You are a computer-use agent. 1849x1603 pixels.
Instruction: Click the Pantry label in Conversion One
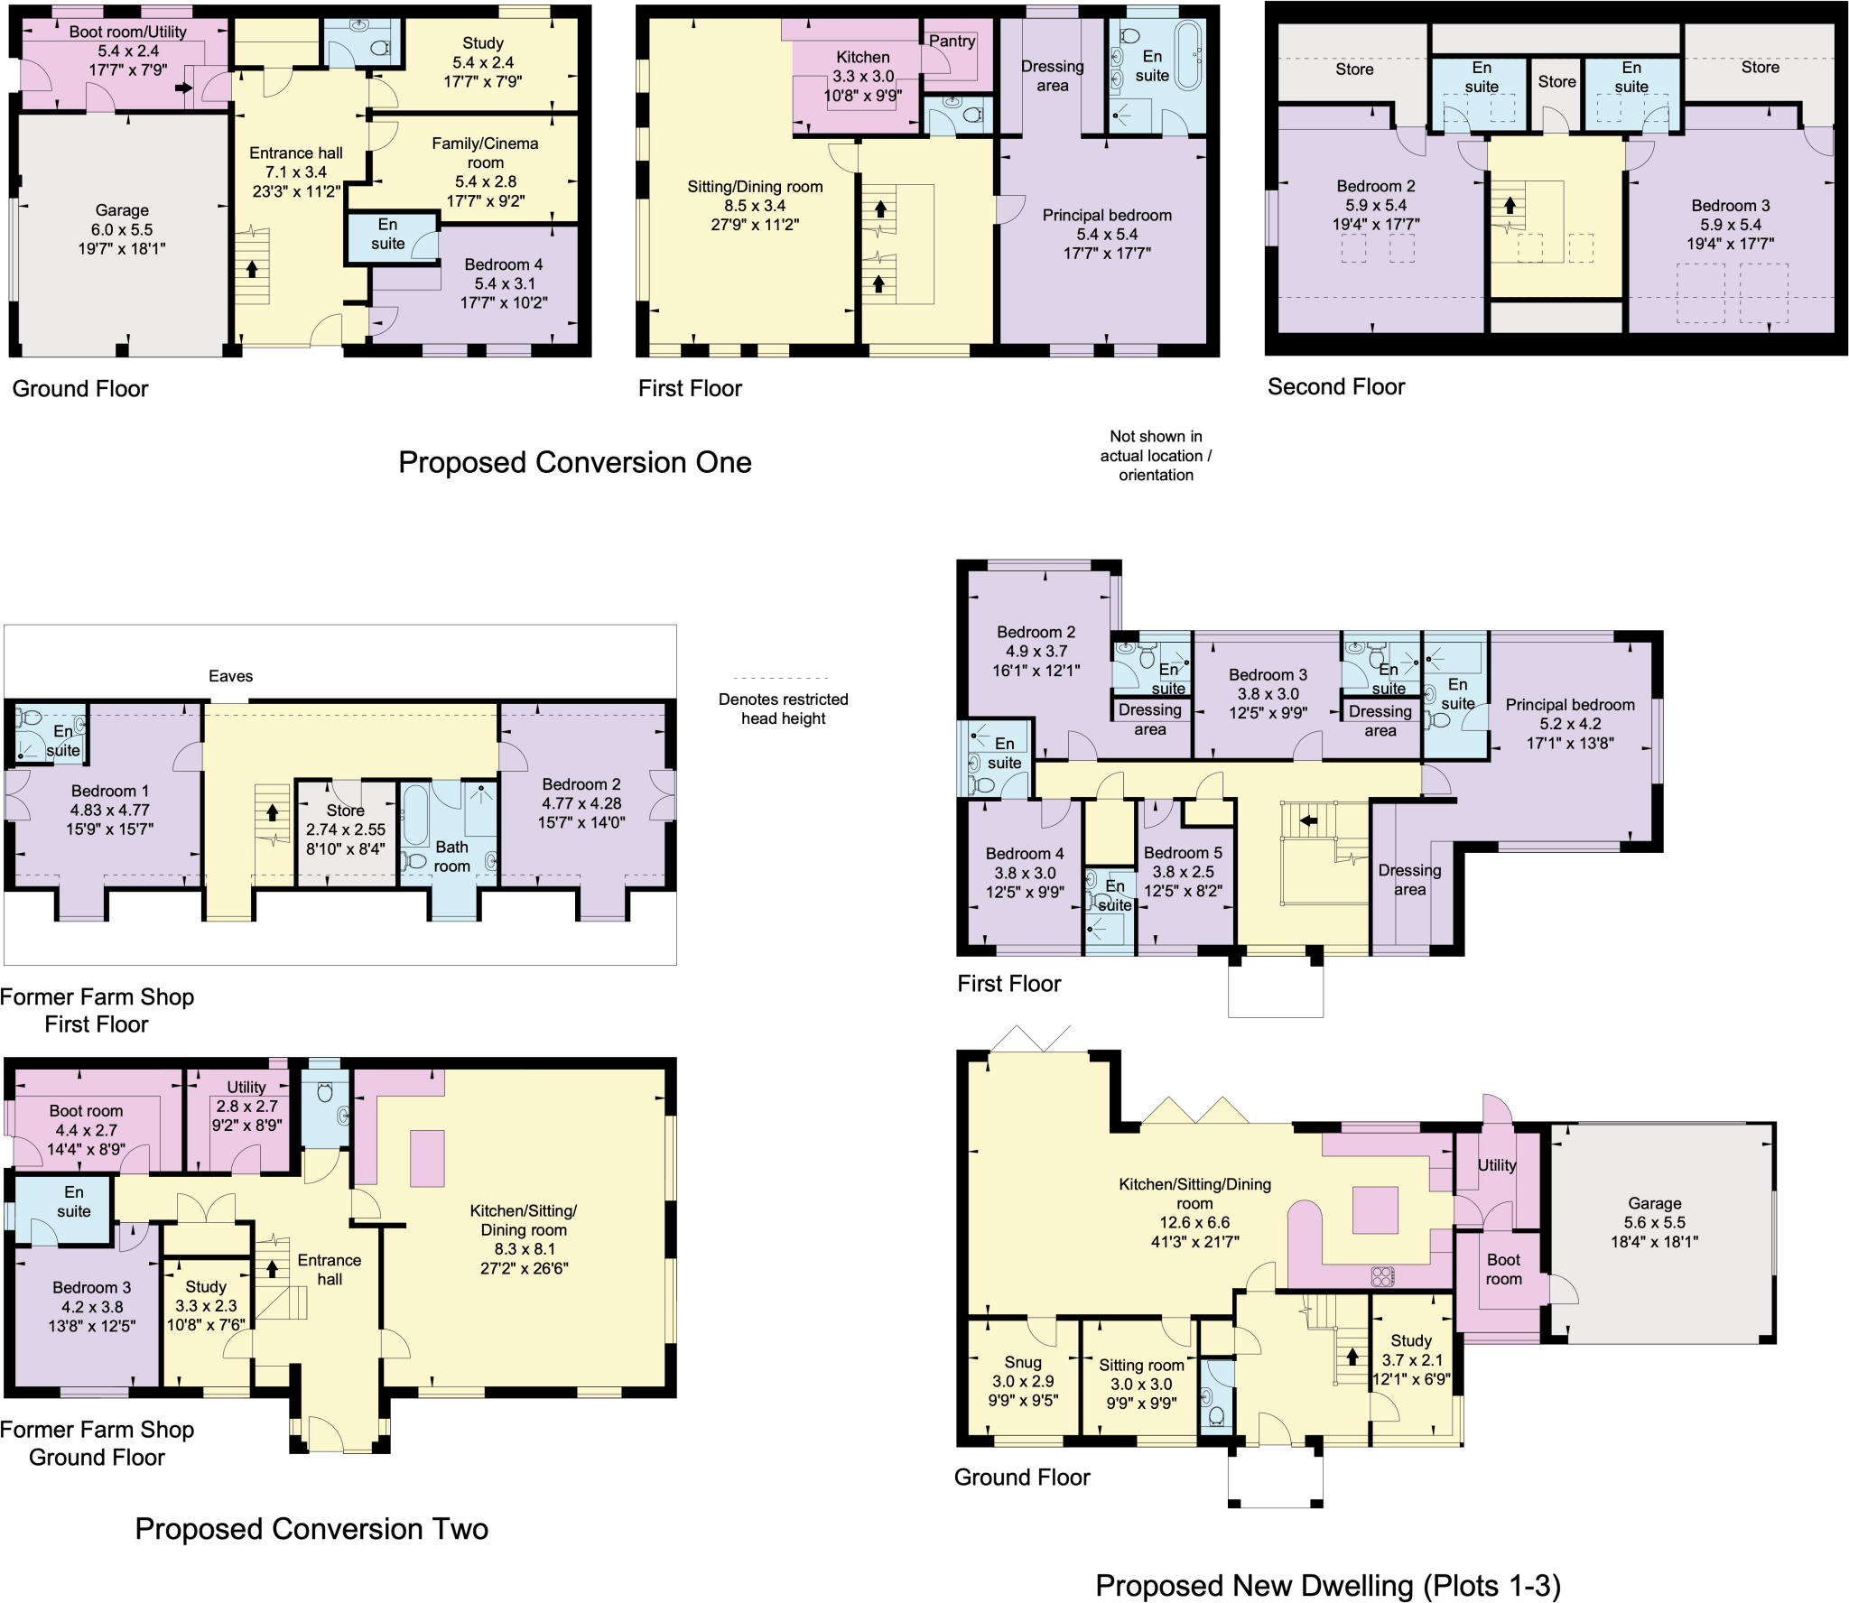[x=952, y=41]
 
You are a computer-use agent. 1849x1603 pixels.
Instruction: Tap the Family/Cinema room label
[x=485, y=171]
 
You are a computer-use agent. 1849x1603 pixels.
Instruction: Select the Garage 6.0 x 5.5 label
[x=122, y=229]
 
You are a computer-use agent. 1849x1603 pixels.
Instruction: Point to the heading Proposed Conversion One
[x=574, y=462]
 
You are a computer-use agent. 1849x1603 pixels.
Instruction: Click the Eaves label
[x=230, y=676]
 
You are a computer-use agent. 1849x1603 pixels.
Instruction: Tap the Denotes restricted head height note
[x=783, y=709]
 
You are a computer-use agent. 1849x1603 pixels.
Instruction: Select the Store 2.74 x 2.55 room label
[x=345, y=829]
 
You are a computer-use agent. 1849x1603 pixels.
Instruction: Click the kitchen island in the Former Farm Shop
[x=427, y=1158]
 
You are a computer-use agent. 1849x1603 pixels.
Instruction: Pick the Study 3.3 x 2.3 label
[x=206, y=1305]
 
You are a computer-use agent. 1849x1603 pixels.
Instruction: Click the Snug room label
[x=1023, y=1381]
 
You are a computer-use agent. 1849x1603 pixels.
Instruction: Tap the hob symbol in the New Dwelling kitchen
[x=1382, y=1276]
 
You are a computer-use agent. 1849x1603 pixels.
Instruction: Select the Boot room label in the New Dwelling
[x=1503, y=1269]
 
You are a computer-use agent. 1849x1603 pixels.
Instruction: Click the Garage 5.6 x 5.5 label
[x=1654, y=1222]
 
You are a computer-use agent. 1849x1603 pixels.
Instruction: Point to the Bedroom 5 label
[x=1183, y=871]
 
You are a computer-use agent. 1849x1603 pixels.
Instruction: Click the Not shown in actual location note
[x=1156, y=456]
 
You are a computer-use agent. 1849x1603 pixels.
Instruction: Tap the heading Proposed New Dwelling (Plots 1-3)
[x=1327, y=1585]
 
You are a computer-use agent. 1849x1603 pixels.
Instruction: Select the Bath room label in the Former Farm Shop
[x=451, y=857]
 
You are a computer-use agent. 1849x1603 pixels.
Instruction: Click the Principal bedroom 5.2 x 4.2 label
[x=1569, y=724]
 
